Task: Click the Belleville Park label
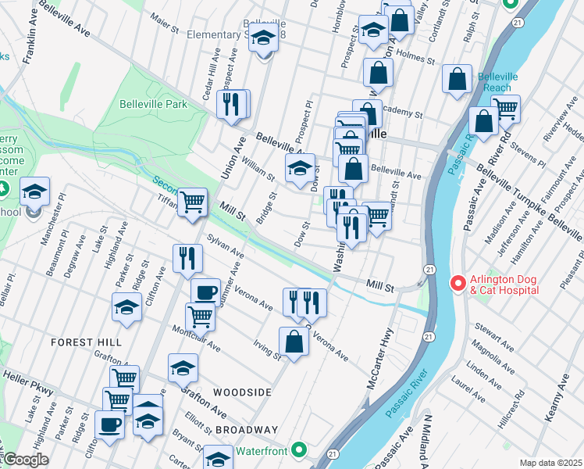click(153, 104)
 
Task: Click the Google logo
click(27, 460)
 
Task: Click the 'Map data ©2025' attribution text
click(550, 463)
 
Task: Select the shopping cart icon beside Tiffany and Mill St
click(193, 202)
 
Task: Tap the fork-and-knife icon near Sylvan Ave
click(187, 258)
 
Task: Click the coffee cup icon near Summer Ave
click(205, 292)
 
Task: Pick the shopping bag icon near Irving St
click(294, 342)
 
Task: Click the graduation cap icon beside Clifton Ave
click(126, 307)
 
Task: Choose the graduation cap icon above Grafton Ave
click(183, 367)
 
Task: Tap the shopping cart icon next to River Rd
click(506, 108)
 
